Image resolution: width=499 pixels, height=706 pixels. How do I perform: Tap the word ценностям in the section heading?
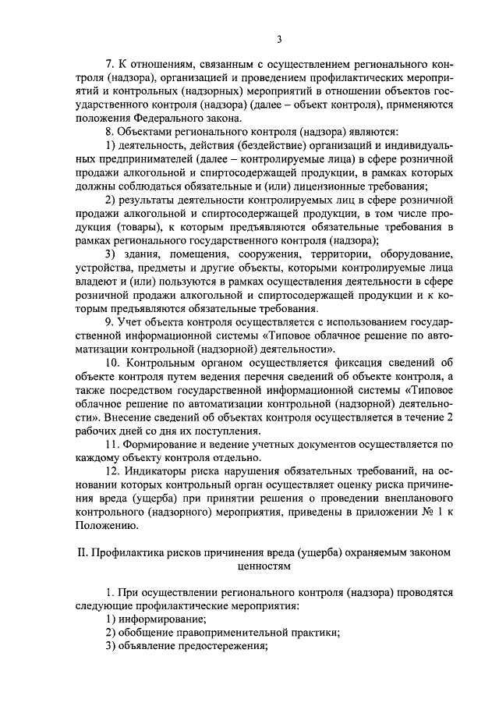point(264,567)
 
